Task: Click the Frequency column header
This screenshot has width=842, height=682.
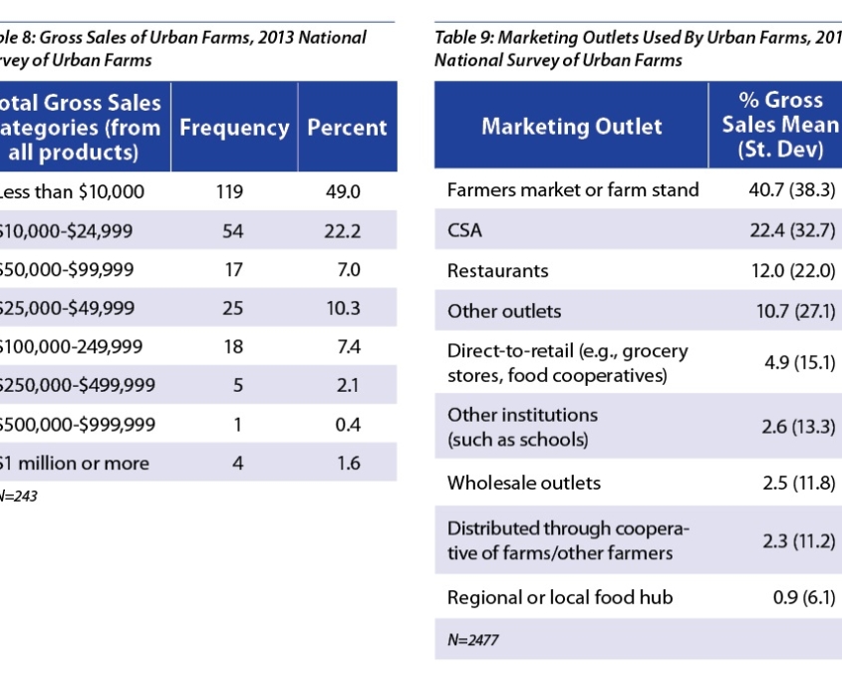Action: pyautogui.click(x=234, y=128)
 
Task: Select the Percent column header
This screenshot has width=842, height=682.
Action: pyautogui.click(x=347, y=128)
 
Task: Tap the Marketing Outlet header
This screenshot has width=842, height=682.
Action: pyautogui.click(x=571, y=127)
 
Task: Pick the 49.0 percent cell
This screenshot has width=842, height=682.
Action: pyautogui.click(x=343, y=192)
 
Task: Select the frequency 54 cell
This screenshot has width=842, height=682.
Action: pyautogui.click(x=232, y=231)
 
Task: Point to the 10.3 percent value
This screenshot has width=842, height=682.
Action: pyautogui.click(x=343, y=308)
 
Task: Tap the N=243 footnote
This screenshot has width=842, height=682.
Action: pyautogui.click(x=18, y=496)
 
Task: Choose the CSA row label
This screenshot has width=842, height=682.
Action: pyautogui.click(x=464, y=231)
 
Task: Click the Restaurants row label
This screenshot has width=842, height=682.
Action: pyautogui.click(x=497, y=270)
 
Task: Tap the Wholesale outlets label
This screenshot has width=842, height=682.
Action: pyautogui.click(x=524, y=483)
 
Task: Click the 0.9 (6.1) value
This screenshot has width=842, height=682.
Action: pyautogui.click(x=803, y=597)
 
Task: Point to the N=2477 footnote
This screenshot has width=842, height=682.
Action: pyautogui.click(x=472, y=640)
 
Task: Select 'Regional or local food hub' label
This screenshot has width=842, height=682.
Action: pyautogui.click(x=559, y=597)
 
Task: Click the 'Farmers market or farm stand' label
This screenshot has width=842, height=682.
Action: pyautogui.click(x=573, y=189)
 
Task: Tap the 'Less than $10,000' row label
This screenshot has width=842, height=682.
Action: pyautogui.click(x=72, y=192)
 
